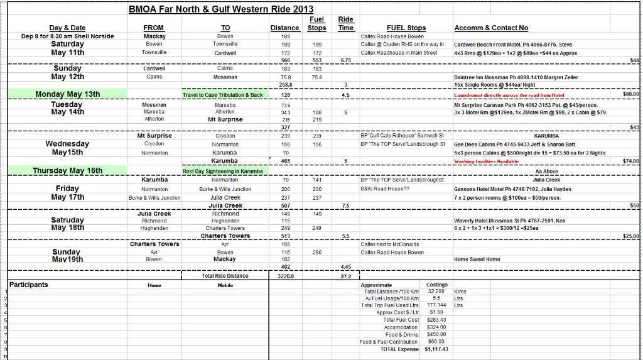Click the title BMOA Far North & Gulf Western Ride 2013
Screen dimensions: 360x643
pos(221,9)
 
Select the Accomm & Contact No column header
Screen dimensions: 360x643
pos(490,28)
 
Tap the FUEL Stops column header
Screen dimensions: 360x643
pos(406,28)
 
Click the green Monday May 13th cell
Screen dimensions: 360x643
pos(67,94)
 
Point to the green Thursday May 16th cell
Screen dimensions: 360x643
pos(67,170)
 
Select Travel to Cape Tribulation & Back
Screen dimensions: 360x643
pos(223,95)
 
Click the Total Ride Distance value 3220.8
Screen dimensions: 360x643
pos(286,276)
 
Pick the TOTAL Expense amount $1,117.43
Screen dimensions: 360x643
pos(436,349)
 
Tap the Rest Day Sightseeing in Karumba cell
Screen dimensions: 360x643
pos(223,171)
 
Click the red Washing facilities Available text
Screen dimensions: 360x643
pos(486,161)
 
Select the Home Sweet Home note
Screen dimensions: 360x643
pos(477,259)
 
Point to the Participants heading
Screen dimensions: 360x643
pos(29,285)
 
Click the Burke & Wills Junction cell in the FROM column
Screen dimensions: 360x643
pos(154,197)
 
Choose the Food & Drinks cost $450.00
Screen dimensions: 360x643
pos(436,334)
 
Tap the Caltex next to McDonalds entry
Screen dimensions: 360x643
pos(389,244)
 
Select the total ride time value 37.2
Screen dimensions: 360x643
pos(345,276)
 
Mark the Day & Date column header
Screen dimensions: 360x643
pos(67,28)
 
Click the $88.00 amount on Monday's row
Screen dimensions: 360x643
pos(630,94)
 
